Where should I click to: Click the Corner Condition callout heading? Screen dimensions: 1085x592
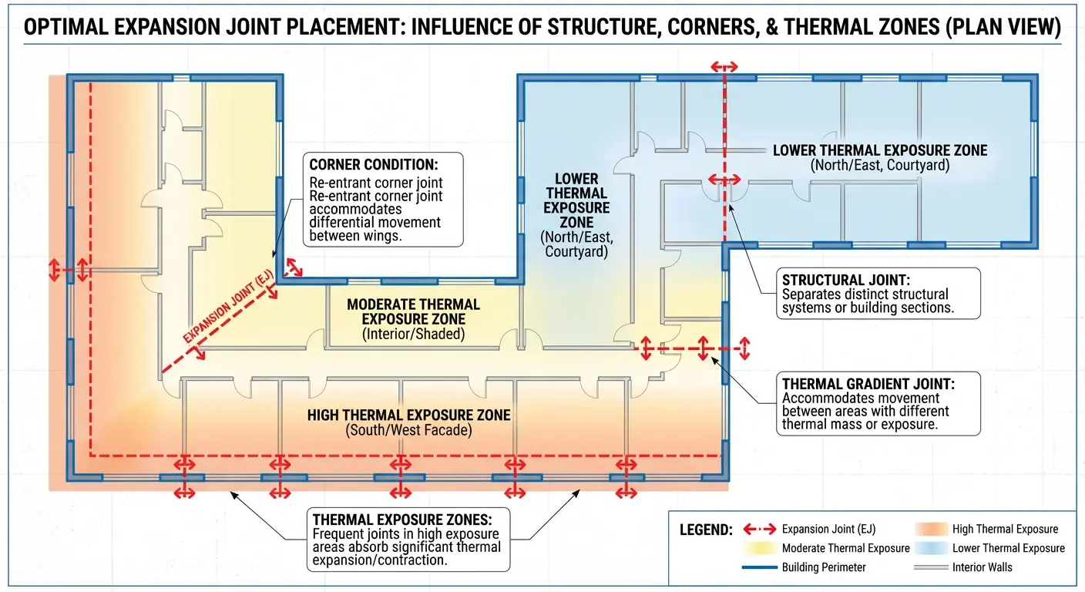[374, 165]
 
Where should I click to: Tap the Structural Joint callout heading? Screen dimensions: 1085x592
[845, 280]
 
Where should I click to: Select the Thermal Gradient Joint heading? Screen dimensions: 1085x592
[868, 384]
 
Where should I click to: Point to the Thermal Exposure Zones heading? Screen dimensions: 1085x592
[402, 520]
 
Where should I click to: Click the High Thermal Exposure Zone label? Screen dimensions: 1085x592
[409, 415]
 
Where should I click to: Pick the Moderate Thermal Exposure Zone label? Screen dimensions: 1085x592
[413, 311]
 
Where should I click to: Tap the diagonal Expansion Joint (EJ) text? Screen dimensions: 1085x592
[229, 307]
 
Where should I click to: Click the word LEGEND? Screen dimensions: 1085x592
[706, 530]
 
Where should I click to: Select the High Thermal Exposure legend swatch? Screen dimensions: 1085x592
[931, 529]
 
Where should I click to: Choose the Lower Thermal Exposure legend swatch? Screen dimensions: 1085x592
[931, 548]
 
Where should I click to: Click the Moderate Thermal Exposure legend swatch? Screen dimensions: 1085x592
[760, 548]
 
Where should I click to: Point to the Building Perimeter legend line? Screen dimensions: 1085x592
[760, 567]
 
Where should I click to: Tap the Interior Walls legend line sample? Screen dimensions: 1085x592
[931, 567]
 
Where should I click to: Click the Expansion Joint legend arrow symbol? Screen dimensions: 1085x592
[760, 529]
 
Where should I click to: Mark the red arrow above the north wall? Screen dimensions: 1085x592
[724, 66]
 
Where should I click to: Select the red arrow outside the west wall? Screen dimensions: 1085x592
[54, 270]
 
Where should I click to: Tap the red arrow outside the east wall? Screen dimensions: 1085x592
[744, 348]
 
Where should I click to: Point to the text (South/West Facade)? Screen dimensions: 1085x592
[409, 430]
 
